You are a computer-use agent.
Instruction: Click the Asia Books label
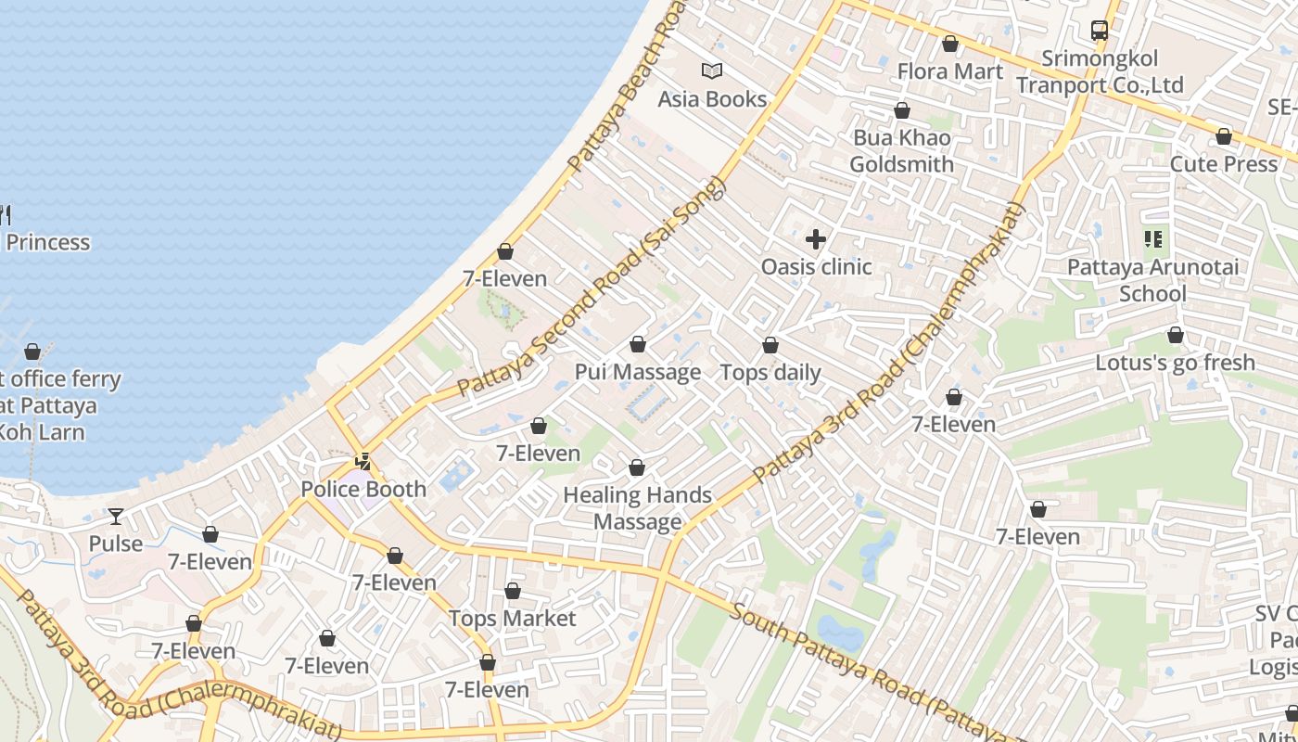(x=712, y=99)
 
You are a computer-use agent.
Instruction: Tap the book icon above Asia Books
(x=712, y=70)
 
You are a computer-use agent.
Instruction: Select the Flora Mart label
(x=949, y=71)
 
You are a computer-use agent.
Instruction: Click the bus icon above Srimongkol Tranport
(x=1100, y=31)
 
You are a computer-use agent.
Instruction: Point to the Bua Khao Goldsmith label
(x=901, y=151)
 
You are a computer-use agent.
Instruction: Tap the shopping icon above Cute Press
(x=1224, y=137)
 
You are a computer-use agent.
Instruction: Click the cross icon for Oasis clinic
(x=816, y=240)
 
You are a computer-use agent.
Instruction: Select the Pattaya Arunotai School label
(x=1152, y=280)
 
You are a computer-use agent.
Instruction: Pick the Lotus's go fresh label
(x=1175, y=363)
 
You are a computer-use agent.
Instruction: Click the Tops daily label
(x=770, y=373)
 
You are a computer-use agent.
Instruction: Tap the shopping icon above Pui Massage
(x=638, y=345)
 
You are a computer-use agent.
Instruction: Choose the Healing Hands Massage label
(x=638, y=508)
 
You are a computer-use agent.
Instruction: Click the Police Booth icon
(x=363, y=461)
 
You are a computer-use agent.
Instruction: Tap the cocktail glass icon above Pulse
(x=116, y=517)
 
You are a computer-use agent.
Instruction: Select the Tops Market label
(x=513, y=619)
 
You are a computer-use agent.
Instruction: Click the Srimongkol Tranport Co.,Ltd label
(x=1100, y=72)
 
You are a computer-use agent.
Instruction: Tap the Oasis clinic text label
(x=816, y=267)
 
